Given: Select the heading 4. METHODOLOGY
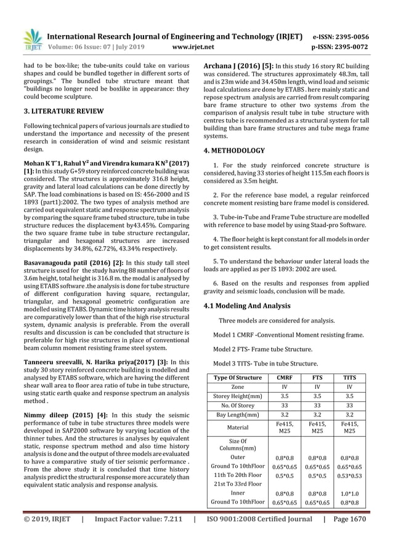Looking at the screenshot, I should click(235, 150).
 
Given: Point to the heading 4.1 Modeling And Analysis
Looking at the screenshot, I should click(248, 306).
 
